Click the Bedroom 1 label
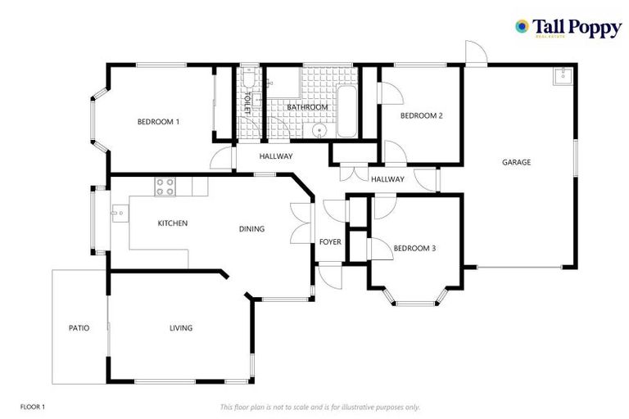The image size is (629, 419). (158, 122)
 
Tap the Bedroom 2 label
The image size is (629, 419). (421, 115)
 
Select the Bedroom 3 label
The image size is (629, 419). (414, 248)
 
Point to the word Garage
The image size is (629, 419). (516, 162)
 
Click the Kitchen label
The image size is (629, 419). (173, 223)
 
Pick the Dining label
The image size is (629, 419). (251, 229)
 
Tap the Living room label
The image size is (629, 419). (181, 328)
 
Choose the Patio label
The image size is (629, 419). (79, 328)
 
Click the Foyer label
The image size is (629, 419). (330, 241)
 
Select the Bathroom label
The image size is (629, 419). (307, 107)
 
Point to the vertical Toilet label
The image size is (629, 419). (247, 102)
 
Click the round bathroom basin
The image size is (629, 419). (319, 130)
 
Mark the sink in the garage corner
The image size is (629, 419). (562, 77)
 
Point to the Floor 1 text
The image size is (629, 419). (33, 407)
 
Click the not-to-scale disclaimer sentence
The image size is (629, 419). (320, 407)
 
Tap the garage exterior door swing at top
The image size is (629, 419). (475, 52)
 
